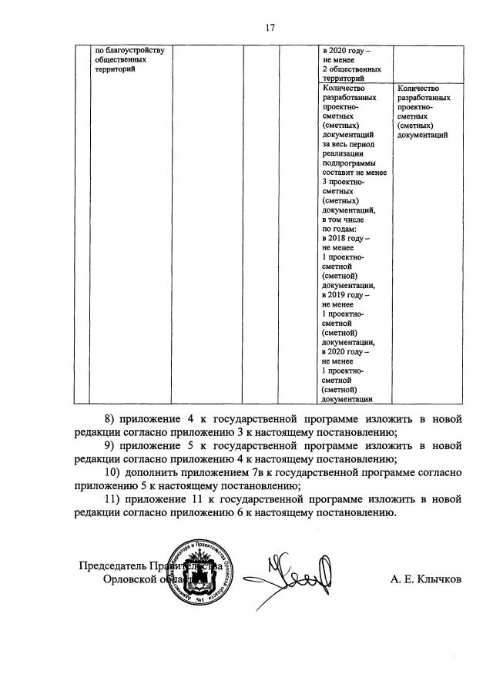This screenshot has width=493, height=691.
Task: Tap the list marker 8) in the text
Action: click(x=106, y=419)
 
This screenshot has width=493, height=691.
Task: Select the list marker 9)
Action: click(x=106, y=446)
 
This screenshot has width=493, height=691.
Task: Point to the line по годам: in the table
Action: click(x=340, y=230)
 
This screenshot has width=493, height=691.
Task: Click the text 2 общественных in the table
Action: click(x=352, y=69)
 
